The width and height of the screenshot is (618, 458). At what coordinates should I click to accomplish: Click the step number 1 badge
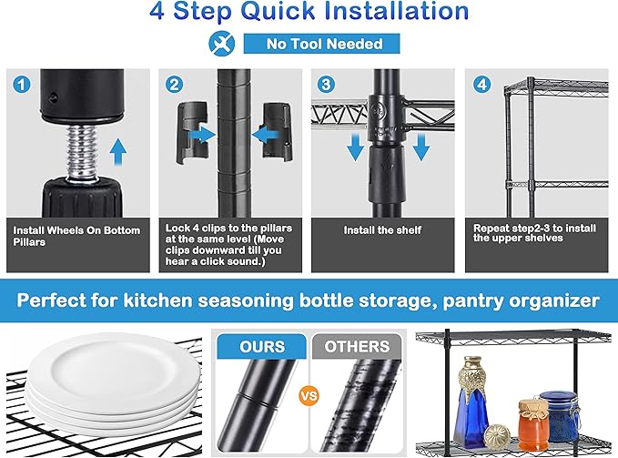click(x=21, y=85)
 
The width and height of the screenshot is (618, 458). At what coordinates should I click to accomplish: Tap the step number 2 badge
click(x=174, y=85)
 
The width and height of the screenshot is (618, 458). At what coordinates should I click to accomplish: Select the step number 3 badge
click(x=326, y=85)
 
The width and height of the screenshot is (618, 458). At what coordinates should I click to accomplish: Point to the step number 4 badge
click(x=481, y=85)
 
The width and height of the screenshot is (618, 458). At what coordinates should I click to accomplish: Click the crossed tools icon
click(x=222, y=44)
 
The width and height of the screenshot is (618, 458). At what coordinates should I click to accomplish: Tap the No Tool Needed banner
click(x=321, y=44)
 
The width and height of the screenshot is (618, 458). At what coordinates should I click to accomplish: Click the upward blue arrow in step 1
click(x=118, y=152)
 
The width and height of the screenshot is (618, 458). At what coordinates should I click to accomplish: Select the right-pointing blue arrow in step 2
click(x=202, y=135)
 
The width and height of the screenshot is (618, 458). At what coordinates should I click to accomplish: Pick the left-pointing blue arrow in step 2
click(x=265, y=135)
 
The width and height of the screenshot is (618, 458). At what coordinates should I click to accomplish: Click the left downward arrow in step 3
click(x=356, y=147)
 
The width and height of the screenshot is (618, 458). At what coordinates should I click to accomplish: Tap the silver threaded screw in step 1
click(x=82, y=152)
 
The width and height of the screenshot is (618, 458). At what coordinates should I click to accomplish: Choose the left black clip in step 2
click(x=192, y=132)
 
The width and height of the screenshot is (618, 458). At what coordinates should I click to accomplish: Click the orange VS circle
click(x=309, y=395)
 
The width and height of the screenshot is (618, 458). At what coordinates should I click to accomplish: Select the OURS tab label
click(x=262, y=346)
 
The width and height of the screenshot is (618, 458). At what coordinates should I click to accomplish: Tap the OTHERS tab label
click(x=357, y=346)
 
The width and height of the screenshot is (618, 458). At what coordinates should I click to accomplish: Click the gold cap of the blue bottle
click(x=472, y=379)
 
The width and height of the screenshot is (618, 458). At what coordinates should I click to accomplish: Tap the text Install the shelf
click(x=382, y=230)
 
